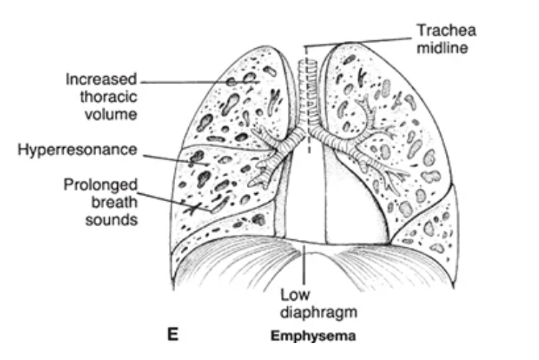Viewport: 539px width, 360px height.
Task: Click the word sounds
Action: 111,219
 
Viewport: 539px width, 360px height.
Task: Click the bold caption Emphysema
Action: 313,337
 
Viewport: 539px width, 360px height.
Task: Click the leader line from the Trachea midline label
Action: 359,42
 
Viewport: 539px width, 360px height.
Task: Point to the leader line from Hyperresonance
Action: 168,155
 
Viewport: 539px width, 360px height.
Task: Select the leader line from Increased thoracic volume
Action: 190,80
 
